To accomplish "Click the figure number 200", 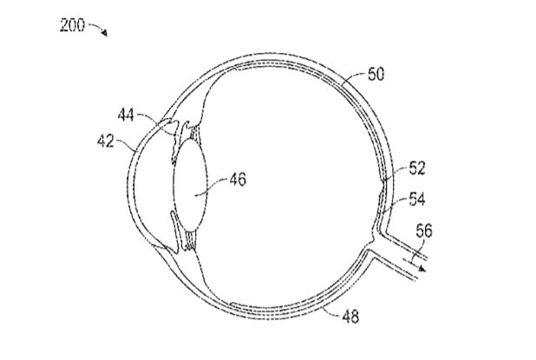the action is pos(72,25).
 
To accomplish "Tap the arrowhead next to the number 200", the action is pos(104,33).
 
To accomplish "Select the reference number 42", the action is pos(106,141).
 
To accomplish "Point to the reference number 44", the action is pos(126,115).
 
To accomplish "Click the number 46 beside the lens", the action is pos(238,179).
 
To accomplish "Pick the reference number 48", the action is pos(350,317).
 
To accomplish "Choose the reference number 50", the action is pos(376,74).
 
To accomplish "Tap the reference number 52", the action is pos(417,168).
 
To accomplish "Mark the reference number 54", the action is pos(417,199).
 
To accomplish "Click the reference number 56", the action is pos(424,231).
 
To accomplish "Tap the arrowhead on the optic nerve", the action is pos(423,268).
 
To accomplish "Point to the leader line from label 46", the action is pos(212,187).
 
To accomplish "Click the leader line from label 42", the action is pos(126,143).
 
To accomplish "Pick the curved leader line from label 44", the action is pos(155,121).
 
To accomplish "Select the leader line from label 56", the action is pos(418,252).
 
